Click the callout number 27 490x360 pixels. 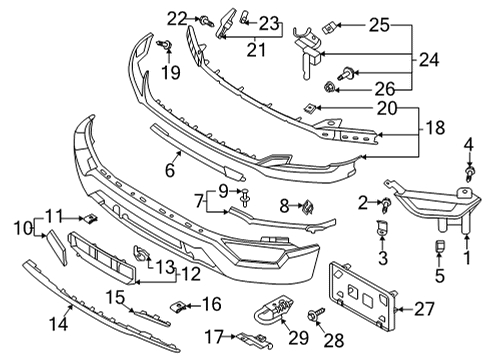pyautogui.click(x=425, y=309)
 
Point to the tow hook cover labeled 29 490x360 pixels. pyautogui.click(x=275, y=307)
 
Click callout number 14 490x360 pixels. pyautogui.click(x=58, y=324)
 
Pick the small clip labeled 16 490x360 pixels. pyautogui.click(x=178, y=306)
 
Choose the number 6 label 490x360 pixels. pyautogui.click(x=170, y=170)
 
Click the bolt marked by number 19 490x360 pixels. pyautogui.click(x=165, y=44)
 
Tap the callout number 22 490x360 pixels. pyautogui.click(x=177, y=19)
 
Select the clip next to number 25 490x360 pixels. pyautogui.click(x=328, y=28)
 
